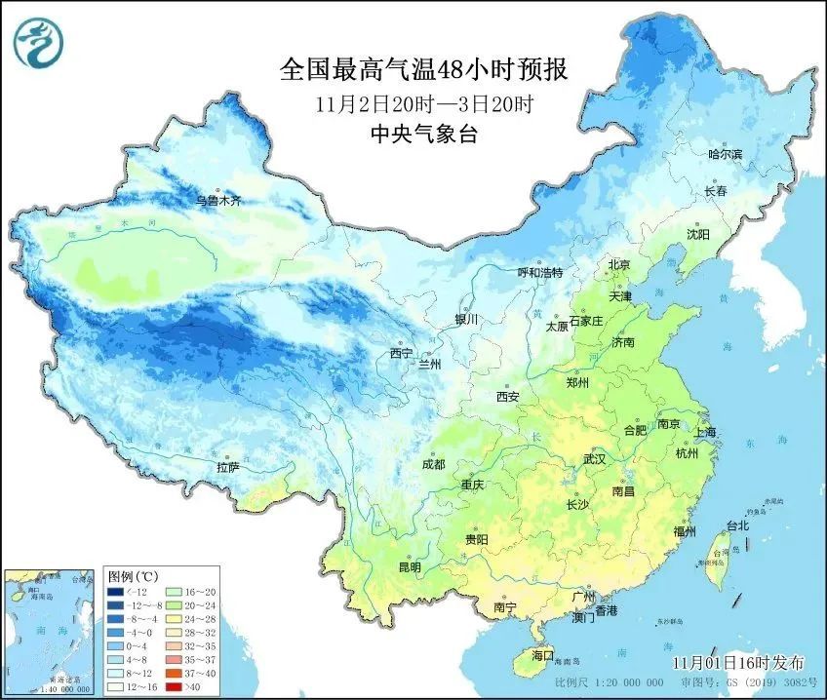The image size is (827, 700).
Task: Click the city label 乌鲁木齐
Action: click(217, 201)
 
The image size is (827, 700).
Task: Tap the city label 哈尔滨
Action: click(726, 154)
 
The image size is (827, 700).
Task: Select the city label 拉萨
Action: click(228, 467)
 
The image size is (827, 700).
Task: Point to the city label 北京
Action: click(619, 264)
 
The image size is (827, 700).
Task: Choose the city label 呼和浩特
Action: click(540, 273)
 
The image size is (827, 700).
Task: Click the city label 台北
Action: click(737, 525)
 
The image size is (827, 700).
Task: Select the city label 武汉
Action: click(594, 458)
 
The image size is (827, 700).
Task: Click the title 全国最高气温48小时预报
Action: click(423, 70)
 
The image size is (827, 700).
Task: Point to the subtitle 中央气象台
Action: click(424, 136)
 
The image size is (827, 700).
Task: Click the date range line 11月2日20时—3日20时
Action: click(423, 103)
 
